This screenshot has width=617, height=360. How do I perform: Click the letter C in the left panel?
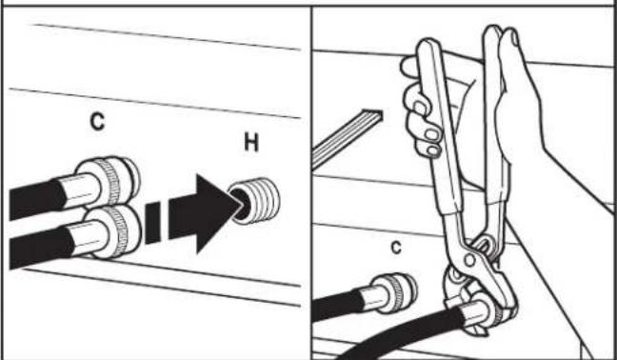pyautogui.click(x=97, y=121)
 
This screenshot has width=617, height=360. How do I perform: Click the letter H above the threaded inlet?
pyautogui.click(x=251, y=143)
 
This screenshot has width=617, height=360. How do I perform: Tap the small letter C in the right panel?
pyautogui.click(x=396, y=248)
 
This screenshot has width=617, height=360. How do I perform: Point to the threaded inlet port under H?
pyautogui.click(x=255, y=201)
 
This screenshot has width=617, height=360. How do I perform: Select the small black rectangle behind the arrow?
pyautogui.click(x=152, y=223)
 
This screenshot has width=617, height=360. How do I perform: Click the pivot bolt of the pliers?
pyautogui.click(x=469, y=260)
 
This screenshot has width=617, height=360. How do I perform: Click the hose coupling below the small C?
pyautogui.click(x=389, y=293)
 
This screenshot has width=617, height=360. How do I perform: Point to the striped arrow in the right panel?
pyautogui.click(x=347, y=138)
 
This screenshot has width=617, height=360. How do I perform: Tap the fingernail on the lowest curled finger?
pyautogui.click(x=433, y=150)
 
